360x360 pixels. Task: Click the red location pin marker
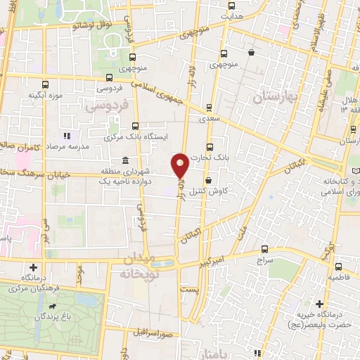click(181, 164)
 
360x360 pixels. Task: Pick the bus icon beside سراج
click(264, 249)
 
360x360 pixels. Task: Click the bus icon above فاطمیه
click(338, 266)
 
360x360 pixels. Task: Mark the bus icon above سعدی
click(209, 108)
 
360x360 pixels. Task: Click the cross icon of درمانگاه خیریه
click(320, 304)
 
